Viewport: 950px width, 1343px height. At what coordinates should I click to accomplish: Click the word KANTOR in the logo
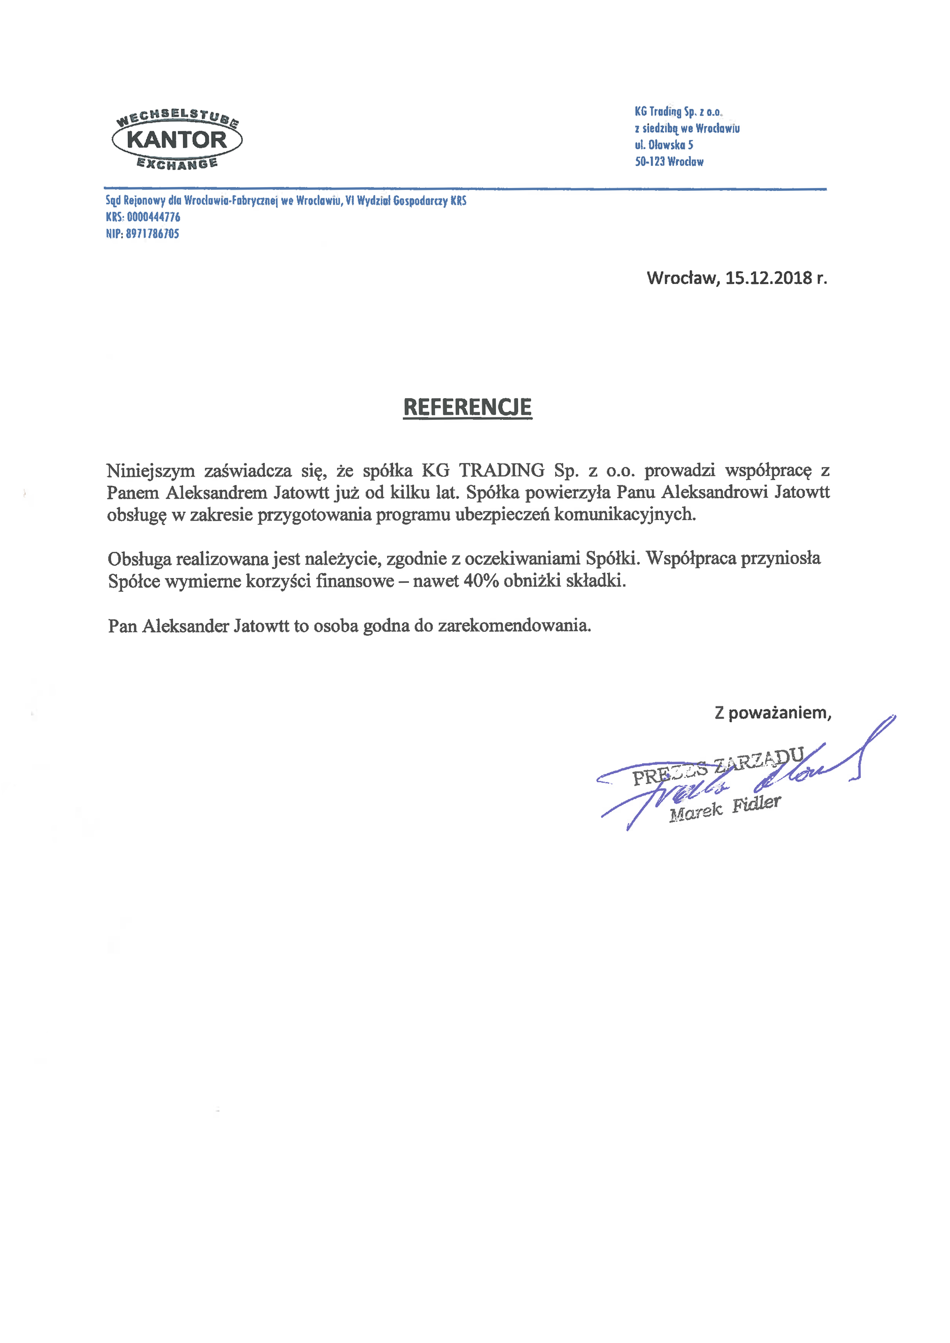(176, 140)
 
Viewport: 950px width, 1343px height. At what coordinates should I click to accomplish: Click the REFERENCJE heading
(467, 407)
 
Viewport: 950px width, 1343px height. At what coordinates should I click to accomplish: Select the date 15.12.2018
(769, 278)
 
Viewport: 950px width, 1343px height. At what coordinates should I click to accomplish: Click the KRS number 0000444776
(153, 217)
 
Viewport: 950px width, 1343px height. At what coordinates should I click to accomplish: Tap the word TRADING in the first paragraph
(501, 470)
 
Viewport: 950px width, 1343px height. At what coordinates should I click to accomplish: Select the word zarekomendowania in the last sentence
(514, 626)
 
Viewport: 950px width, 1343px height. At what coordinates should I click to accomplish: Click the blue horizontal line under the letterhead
(465, 189)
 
